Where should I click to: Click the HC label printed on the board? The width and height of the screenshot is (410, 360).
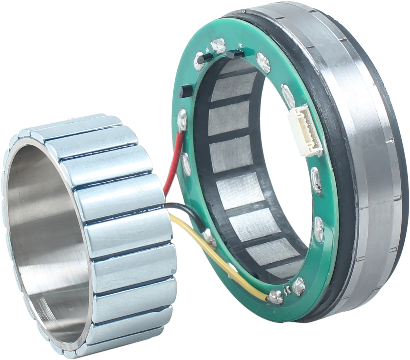point(240,45)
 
